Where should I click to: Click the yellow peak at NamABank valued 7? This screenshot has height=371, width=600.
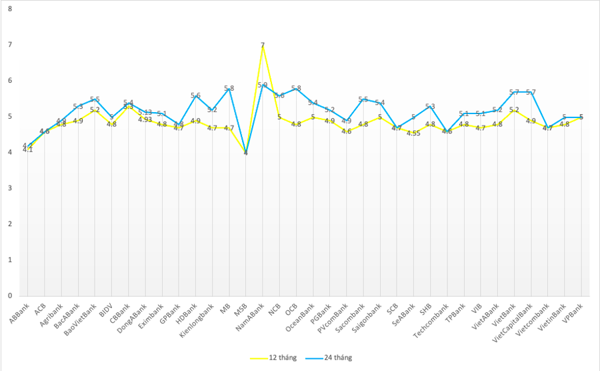[x=263, y=45]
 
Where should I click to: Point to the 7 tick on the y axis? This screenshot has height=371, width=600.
[x=11, y=45]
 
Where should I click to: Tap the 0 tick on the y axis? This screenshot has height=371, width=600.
[x=11, y=296]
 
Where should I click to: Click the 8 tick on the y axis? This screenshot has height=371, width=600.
[x=11, y=9]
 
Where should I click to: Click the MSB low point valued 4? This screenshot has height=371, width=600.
[x=246, y=153]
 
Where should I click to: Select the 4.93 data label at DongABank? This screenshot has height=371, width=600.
[x=145, y=119]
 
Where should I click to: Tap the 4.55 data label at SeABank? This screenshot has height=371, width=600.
[x=414, y=133]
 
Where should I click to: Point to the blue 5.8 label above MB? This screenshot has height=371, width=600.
[x=229, y=88]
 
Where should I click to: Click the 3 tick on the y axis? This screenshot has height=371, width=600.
[x=11, y=188]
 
